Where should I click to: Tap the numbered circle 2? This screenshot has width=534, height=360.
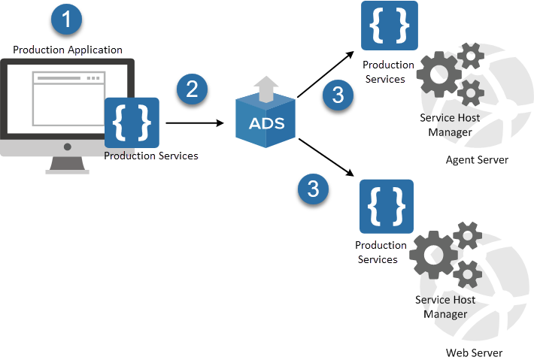click(x=192, y=89)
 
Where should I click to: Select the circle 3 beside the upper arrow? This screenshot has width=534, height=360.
click(x=338, y=95)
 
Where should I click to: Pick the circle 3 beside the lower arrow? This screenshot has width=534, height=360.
click(x=313, y=189)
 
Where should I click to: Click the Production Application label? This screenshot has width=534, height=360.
click(x=68, y=50)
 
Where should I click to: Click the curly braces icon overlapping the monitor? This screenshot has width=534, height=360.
click(x=132, y=123)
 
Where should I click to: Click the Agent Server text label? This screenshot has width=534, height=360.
click(x=477, y=160)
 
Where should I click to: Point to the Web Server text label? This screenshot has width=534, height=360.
click(x=473, y=352)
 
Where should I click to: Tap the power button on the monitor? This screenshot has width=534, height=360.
click(x=67, y=147)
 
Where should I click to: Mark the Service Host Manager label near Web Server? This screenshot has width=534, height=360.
click(x=445, y=307)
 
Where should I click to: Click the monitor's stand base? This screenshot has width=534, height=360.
click(x=67, y=171)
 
